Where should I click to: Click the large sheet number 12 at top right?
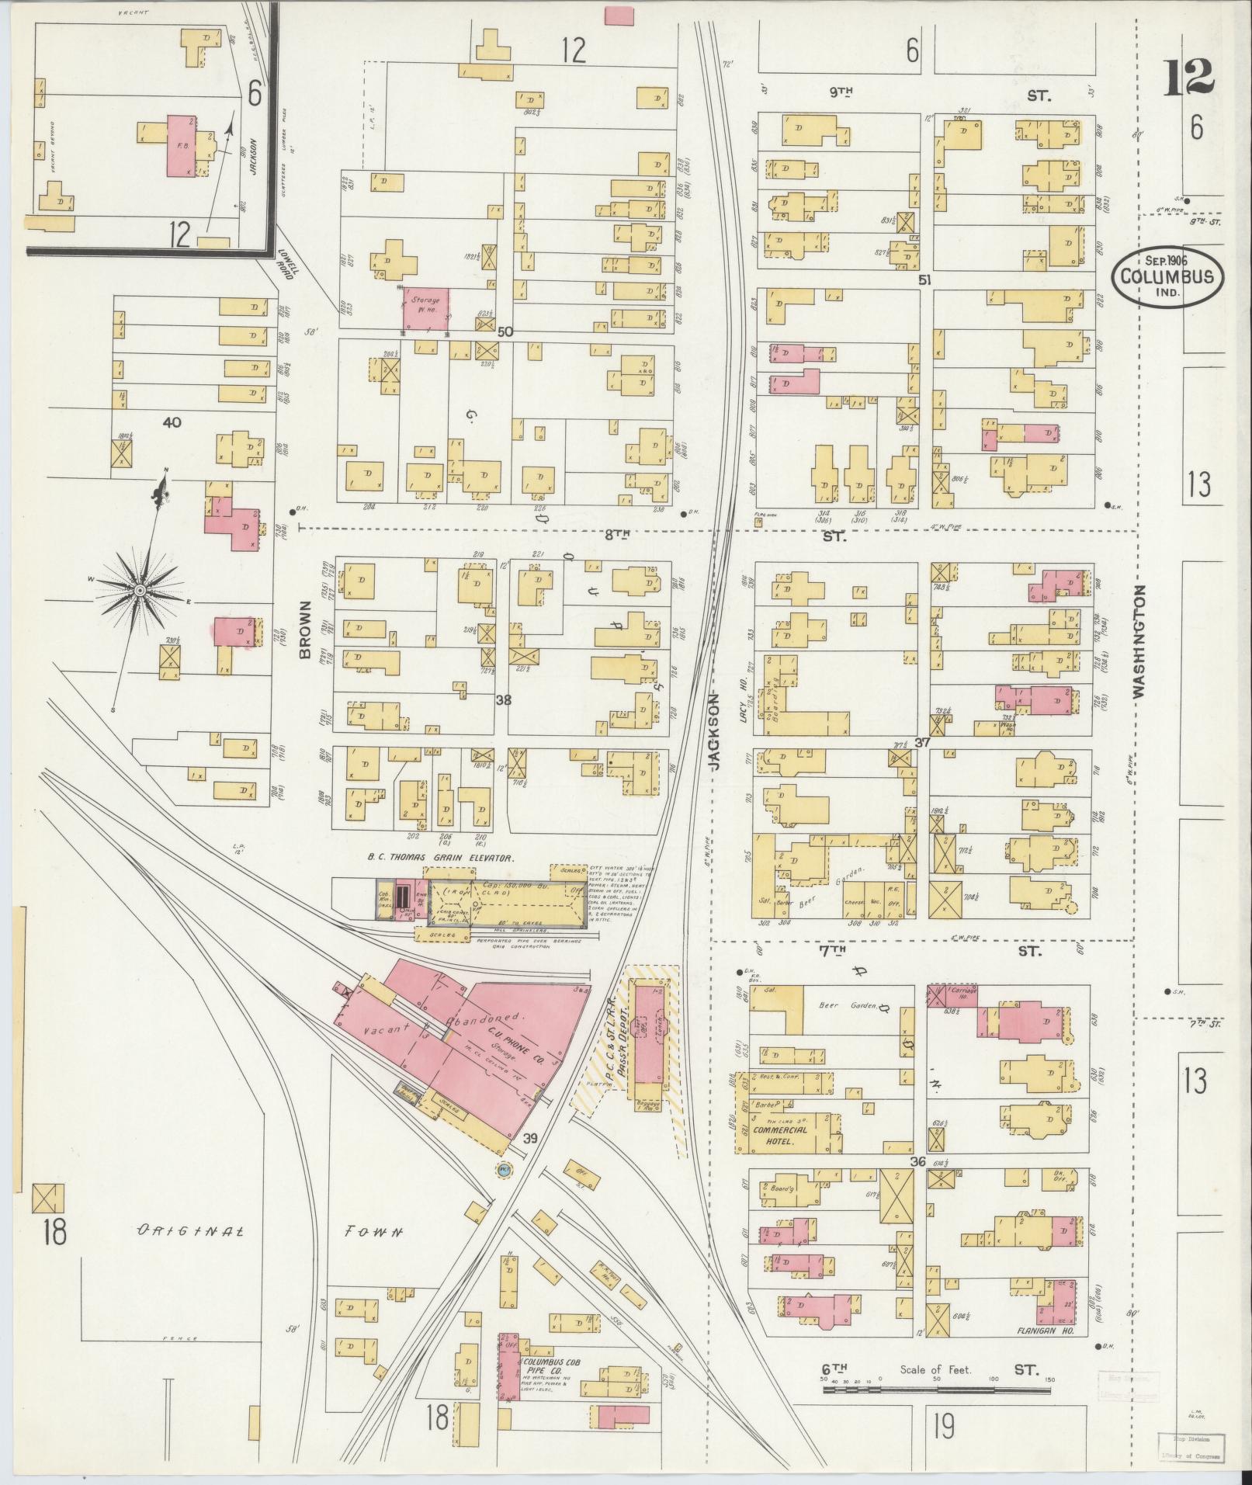(x=1188, y=78)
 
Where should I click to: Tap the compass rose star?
(x=140, y=592)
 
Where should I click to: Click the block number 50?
(x=505, y=332)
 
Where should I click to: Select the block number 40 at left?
(x=172, y=422)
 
